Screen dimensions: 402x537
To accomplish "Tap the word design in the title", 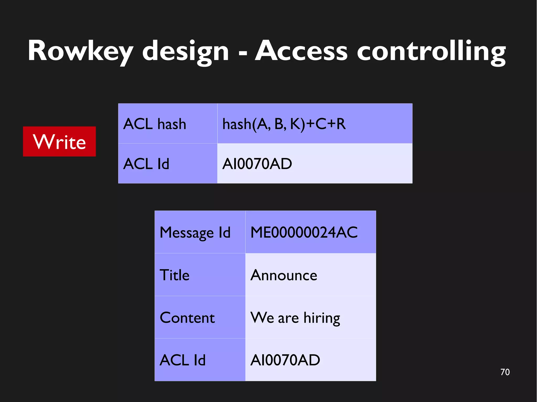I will [186, 51].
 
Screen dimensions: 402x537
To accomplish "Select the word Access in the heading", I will [301, 51].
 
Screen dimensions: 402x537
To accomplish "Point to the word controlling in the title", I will [431, 51].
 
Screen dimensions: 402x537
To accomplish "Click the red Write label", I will [60, 142].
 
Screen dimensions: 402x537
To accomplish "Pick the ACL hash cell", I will [168, 124].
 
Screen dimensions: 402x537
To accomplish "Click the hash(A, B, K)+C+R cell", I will [315, 124].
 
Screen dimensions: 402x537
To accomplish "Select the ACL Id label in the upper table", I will [168, 164].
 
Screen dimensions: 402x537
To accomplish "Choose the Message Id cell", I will [200, 232].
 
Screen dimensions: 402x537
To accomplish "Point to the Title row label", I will [200, 275].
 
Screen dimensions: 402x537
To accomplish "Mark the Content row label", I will [200, 317].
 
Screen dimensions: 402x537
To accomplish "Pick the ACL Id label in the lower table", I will [200, 360].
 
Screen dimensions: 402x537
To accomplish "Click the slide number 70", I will [505, 372].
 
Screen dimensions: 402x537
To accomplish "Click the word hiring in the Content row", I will [322, 318].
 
